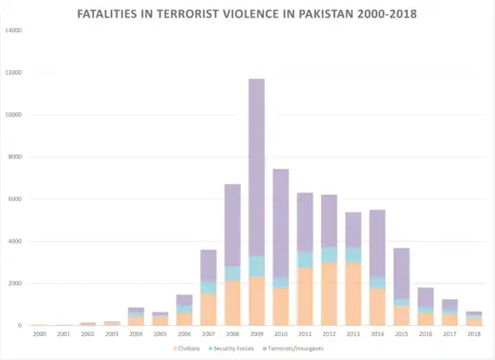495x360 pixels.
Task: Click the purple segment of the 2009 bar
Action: pyautogui.click(x=256, y=165)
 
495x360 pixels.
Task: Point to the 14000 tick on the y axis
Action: pyautogui.click(x=14, y=31)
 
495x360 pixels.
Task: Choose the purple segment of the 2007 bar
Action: pyautogui.click(x=208, y=265)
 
